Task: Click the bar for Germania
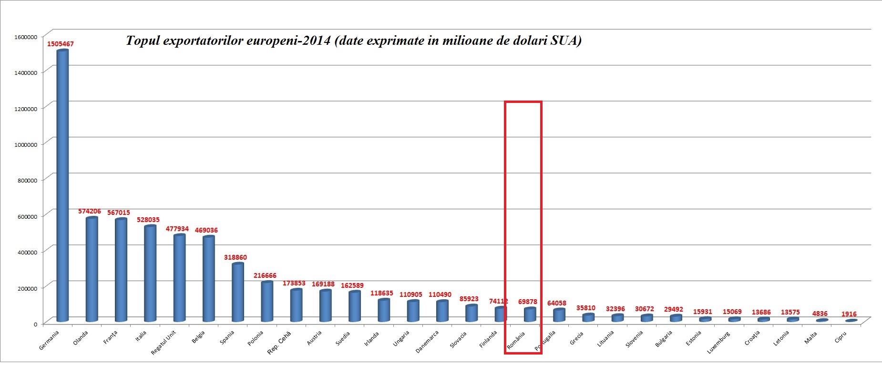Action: click(x=62, y=186)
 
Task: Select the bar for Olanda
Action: click(x=92, y=269)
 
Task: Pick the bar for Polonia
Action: click(x=267, y=301)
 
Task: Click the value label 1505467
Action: click(x=60, y=44)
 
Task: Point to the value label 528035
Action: click(x=148, y=220)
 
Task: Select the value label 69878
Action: click(x=527, y=302)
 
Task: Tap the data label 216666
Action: click(x=265, y=275)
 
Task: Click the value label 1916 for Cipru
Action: click(x=849, y=314)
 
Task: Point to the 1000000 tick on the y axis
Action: click(x=26, y=145)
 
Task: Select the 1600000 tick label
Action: click(x=26, y=37)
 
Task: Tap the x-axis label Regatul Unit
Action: click(x=164, y=342)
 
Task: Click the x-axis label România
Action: click(x=516, y=341)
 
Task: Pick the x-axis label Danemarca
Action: click(x=427, y=342)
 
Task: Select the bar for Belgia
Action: click(x=208, y=279)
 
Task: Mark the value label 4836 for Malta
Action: click(x=820, y=314)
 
